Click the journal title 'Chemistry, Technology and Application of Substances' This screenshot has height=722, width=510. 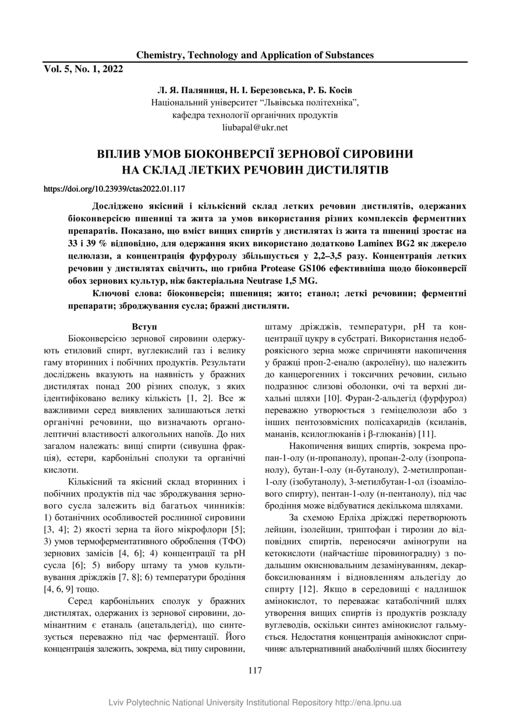[x=254, y=55]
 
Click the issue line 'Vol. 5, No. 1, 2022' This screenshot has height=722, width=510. [x=84, y=69]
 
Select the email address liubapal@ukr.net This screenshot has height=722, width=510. [x=254, y=127]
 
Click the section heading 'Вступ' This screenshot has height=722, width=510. [x=144, y=327]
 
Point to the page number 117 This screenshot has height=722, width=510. [x=254, y=670]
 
